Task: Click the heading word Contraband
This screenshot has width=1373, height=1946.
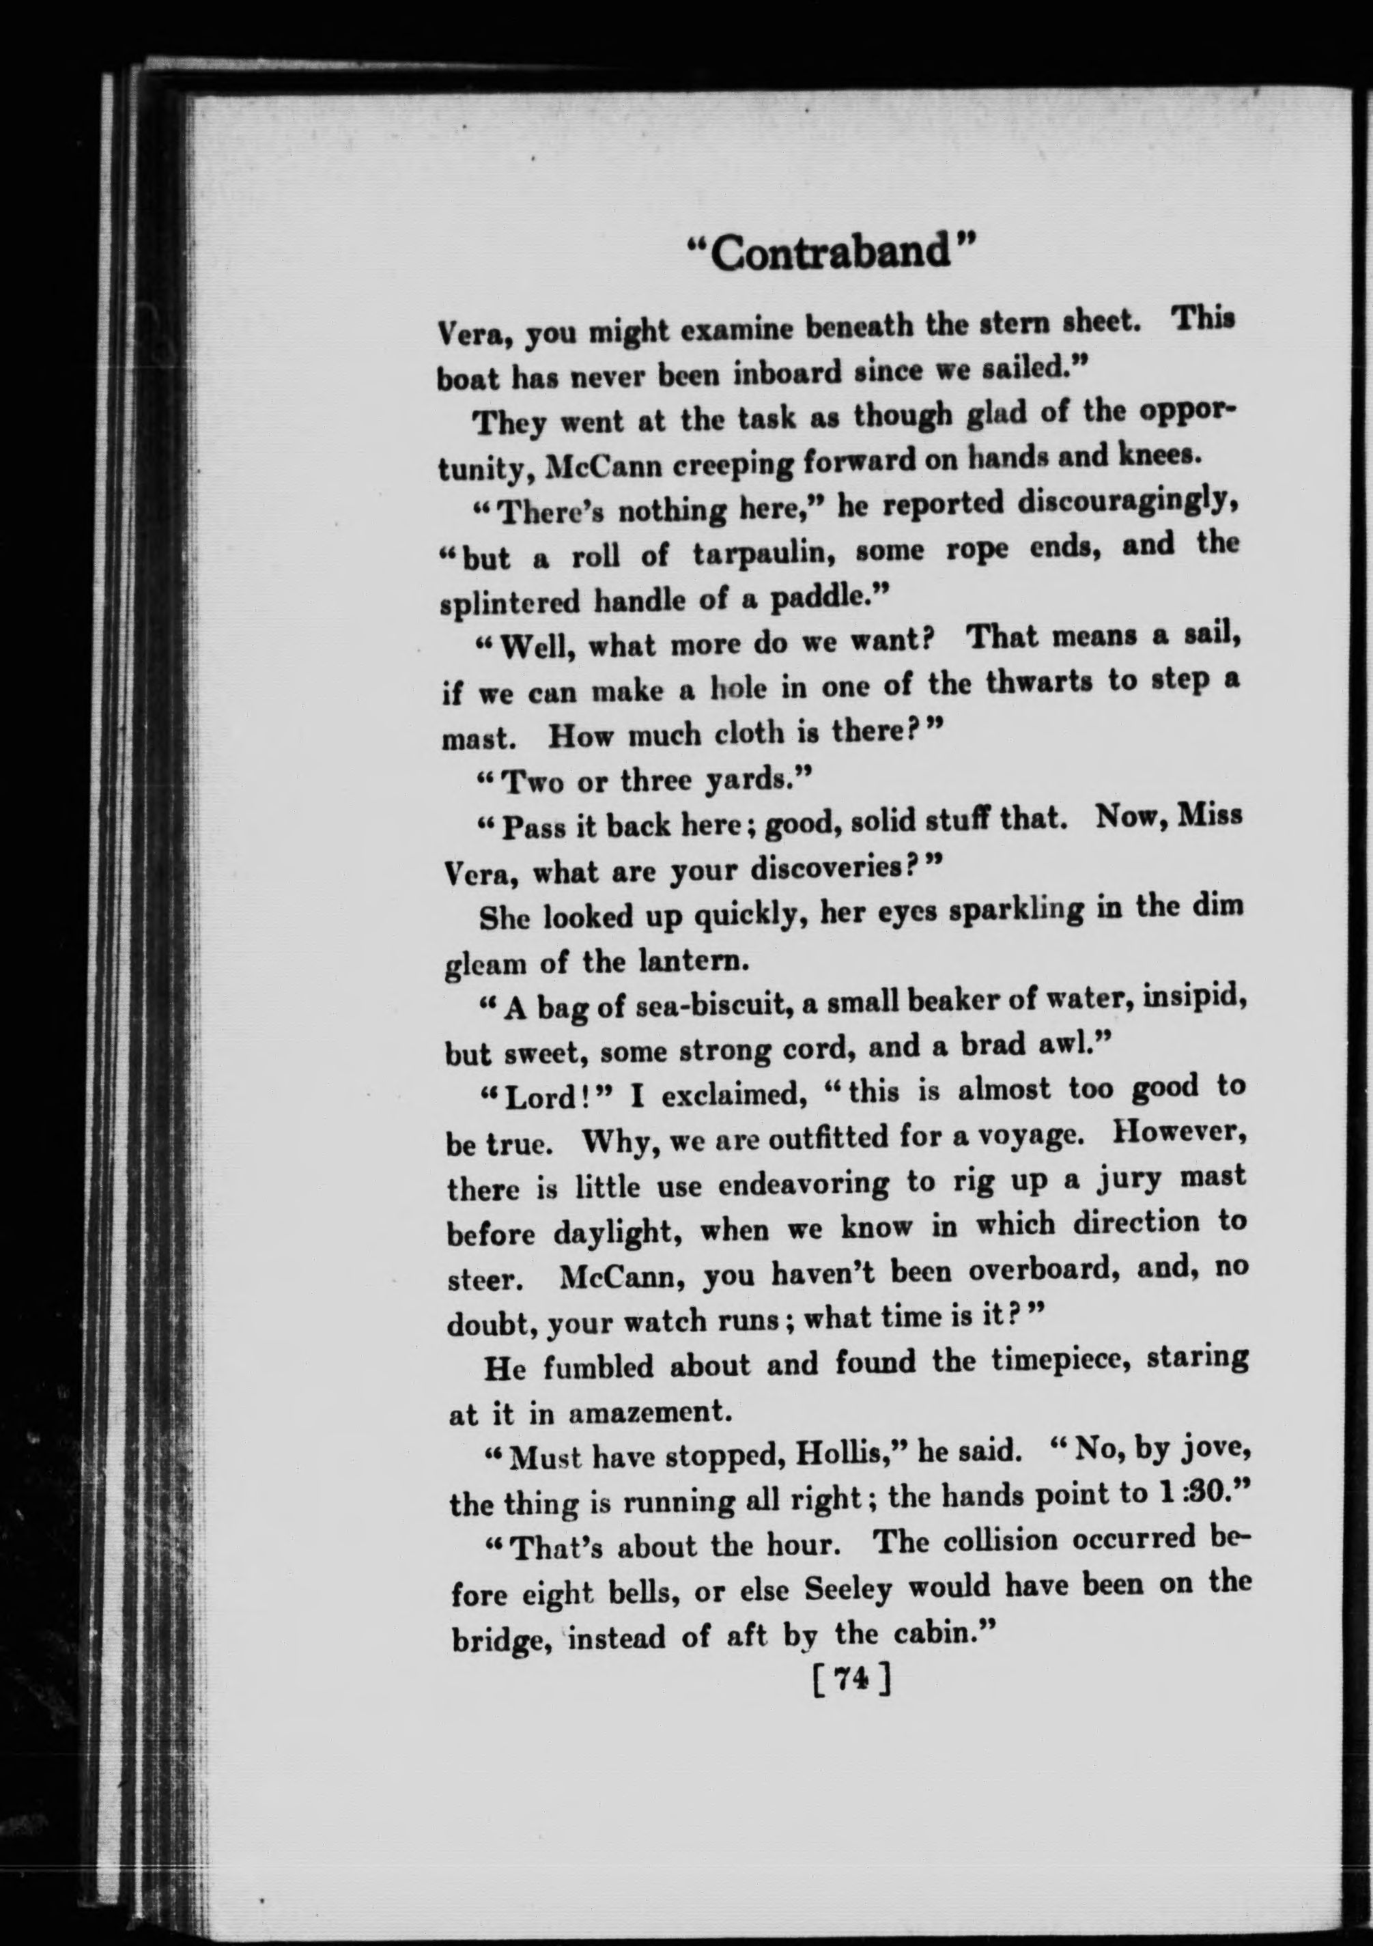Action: point(828,253)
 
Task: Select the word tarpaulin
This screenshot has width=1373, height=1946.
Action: point(767,554)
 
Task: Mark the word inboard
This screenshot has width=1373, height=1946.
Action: point(788,373)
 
